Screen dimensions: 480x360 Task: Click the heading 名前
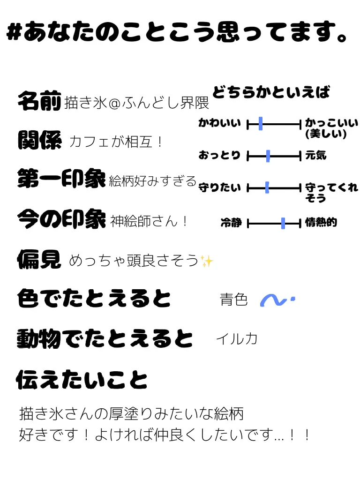pos(39,101)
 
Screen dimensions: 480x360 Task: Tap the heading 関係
pos(39,140)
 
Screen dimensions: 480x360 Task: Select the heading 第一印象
pos(61,179)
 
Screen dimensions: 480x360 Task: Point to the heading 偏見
pos(39,259)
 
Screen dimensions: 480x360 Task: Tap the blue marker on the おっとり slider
pos(268,156)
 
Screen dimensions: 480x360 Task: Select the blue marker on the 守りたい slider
pos(267,188)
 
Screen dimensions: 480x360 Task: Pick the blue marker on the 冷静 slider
pos(283,224)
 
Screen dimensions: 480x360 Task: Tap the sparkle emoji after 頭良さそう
pos(206,261)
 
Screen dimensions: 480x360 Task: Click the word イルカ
pos(237,338)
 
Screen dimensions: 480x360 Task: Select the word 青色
pos(233,300)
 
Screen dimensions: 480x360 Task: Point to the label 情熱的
pos(321,223)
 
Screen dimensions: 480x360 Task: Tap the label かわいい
pos(219,124)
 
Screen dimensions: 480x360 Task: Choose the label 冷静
pos(231,223)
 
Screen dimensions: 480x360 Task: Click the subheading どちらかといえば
pos(271,92)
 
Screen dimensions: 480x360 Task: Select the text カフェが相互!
pos(115,142)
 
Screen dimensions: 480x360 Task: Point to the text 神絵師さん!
pos(149,221)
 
